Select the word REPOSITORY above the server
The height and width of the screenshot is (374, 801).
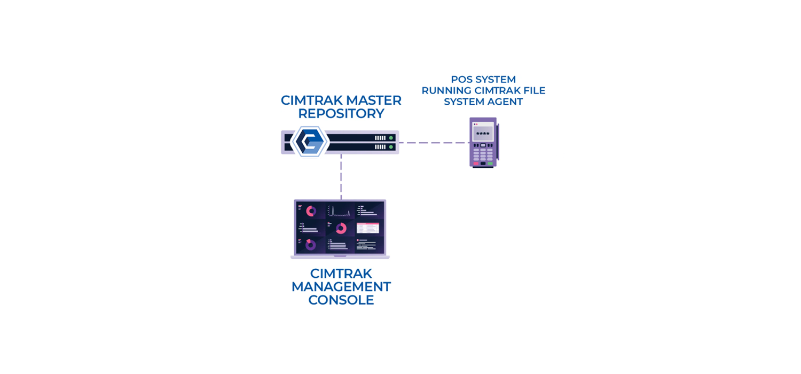pos(341,114)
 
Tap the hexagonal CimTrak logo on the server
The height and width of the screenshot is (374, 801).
pos(310,142)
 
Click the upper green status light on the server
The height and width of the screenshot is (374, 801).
pos(391,138)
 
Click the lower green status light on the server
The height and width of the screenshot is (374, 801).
pos(391,146)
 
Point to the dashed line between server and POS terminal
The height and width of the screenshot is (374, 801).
pos(434,143)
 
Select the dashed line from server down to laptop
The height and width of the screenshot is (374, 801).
pos(341,176)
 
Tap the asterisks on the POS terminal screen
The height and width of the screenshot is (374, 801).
pos(483,133)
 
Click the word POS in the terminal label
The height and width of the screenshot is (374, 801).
pos(462,80)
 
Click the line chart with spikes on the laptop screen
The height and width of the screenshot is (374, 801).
pos(340,211)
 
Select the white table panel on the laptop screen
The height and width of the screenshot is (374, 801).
pos(368,228)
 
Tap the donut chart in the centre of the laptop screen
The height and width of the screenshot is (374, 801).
pos(341,229)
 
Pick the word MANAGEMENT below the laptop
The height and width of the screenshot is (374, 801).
pos(341,287)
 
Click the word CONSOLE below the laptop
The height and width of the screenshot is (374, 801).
pos(341,300)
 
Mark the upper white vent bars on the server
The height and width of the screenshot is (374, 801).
pos(380,138)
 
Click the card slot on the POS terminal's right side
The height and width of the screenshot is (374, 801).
pos(498,142)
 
